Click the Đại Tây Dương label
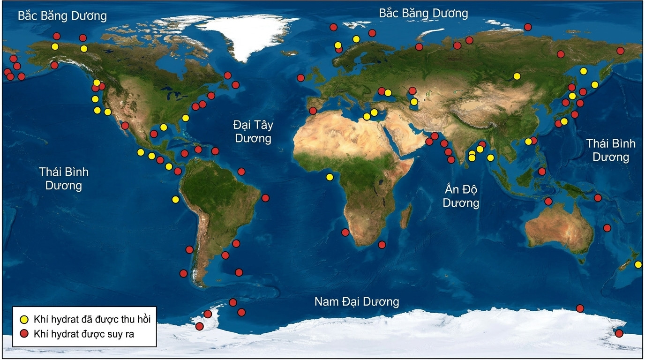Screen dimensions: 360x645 click(253, 132)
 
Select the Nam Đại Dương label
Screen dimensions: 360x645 click(357, 301)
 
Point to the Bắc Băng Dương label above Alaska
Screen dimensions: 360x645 click(62, 16)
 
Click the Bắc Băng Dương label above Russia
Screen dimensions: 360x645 click(423, 13)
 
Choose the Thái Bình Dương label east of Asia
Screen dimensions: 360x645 click(610, 150)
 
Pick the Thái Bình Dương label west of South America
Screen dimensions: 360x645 click(64, 179)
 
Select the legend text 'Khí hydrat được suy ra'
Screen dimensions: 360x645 click(87, 334)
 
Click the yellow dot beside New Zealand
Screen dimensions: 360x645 click(638, 264)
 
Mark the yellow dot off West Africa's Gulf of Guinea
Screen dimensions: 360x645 click(330, 177)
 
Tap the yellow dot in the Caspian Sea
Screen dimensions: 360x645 click(414, 102)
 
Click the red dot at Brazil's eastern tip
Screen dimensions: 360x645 click(265, 198)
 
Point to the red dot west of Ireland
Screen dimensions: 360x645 click(300, 78)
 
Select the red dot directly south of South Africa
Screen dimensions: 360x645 click(382, 244)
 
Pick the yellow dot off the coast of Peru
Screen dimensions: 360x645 click(175, 199)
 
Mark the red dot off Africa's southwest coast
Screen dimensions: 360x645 click(345, 232)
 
